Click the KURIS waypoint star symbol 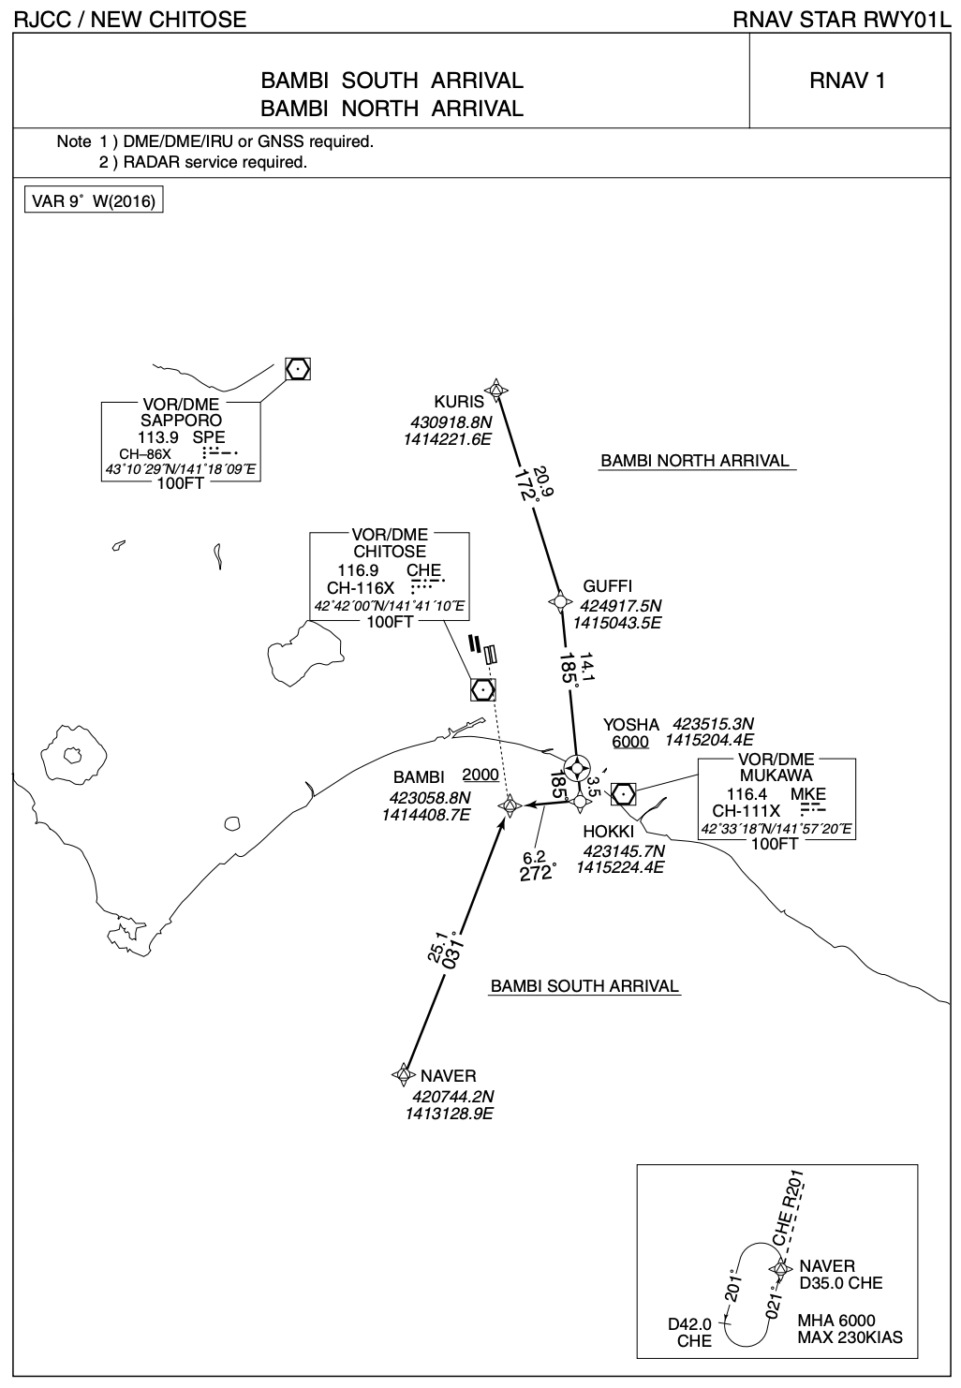[x=496, y=390]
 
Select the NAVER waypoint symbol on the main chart [x=404, y=1074]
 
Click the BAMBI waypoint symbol [x=510, y=805]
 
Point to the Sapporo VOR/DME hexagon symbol [x=297, y=369]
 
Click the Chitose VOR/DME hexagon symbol [x=482, y=689]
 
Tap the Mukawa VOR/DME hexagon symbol [x=623, y=793]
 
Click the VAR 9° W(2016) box [x=93, y=201]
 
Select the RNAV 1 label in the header [x=847, y=81]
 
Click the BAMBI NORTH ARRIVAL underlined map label [x=695, y=461]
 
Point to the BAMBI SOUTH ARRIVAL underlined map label [x=584, y=986]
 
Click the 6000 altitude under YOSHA [x=630, y=742]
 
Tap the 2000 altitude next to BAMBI [x=480, y=775]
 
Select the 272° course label [x=538, y=873]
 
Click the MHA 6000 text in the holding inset [x=836, y=1321]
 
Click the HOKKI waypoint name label [x=609, y=832]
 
